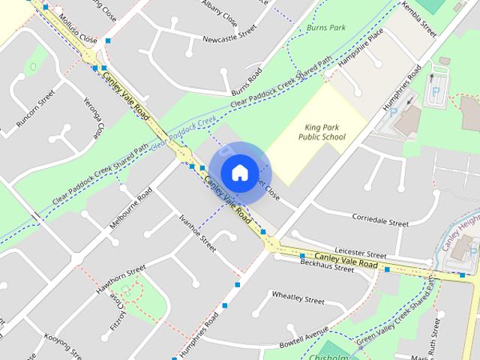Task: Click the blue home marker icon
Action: coord(239,173)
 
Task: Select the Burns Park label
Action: coord(325,28)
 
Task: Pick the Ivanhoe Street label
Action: coord(197,232)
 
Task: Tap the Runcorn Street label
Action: coord(35,108)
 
